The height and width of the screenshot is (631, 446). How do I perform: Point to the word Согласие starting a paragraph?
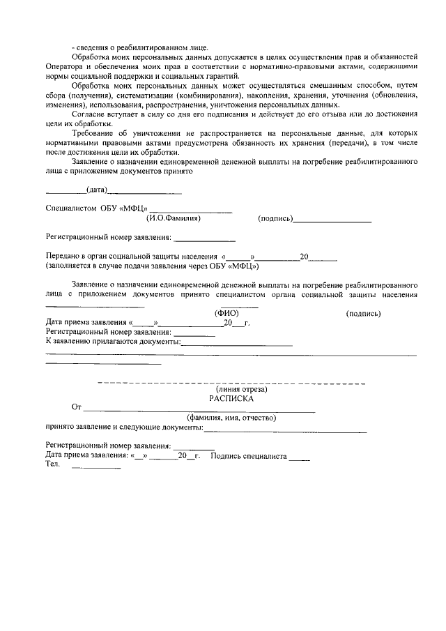90,114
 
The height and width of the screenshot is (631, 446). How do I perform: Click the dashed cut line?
231,383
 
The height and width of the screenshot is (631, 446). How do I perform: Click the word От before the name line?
77,408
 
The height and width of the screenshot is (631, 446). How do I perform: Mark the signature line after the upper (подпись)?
332,221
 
